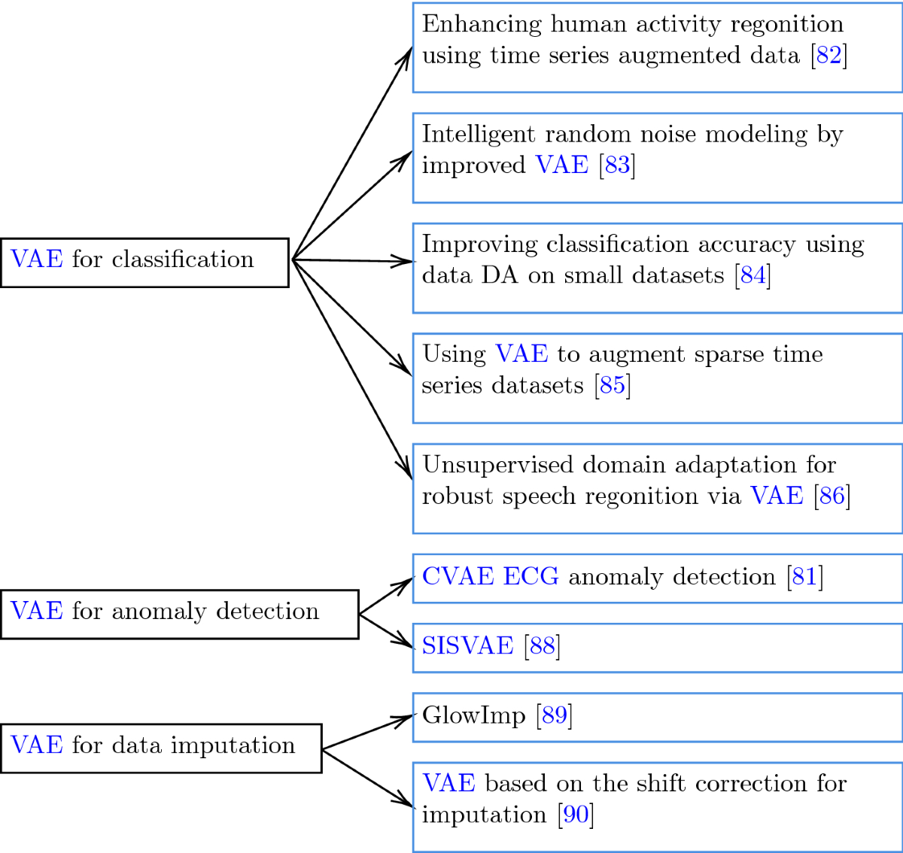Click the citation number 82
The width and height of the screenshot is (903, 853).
pos(829,56)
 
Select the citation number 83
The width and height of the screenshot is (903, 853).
pos(617,165)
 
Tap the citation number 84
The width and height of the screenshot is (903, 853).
pos(752,275)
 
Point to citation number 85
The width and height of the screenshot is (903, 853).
pos(613,386)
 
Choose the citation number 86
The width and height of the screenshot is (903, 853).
pos(832,496)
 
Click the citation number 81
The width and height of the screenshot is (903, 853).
pos(804,577)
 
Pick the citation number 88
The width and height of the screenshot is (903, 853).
pos(542,646)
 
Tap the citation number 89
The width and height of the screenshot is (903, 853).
pos(554,715)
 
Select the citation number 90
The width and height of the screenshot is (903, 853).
pos(576,815)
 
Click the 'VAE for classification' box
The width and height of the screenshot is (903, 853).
pos(144,263)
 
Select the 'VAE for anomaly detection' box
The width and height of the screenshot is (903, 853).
pos(179,615)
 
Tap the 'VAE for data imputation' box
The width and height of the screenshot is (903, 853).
pos(161,748)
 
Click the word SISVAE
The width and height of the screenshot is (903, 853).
pos(467,646)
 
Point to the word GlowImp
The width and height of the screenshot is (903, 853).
pos(473,715)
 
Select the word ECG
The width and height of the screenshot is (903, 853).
pos(531,577)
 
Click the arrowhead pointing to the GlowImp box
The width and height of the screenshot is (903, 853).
pos(404,718)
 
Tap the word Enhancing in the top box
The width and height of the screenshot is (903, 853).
pos(481,25)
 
